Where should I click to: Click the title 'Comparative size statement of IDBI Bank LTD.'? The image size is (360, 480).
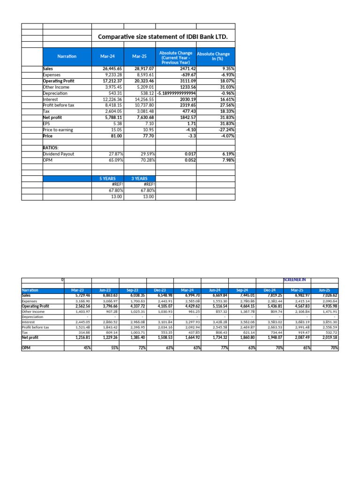[166, 37]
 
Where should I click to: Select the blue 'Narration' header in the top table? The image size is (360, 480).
[67, 56]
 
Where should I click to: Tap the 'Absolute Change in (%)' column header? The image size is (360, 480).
[213, 56]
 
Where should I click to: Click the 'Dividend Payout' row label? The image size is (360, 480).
[59, 154]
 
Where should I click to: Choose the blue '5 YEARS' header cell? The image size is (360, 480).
[107, 179]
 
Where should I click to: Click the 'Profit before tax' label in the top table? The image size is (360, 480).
[59, 105]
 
